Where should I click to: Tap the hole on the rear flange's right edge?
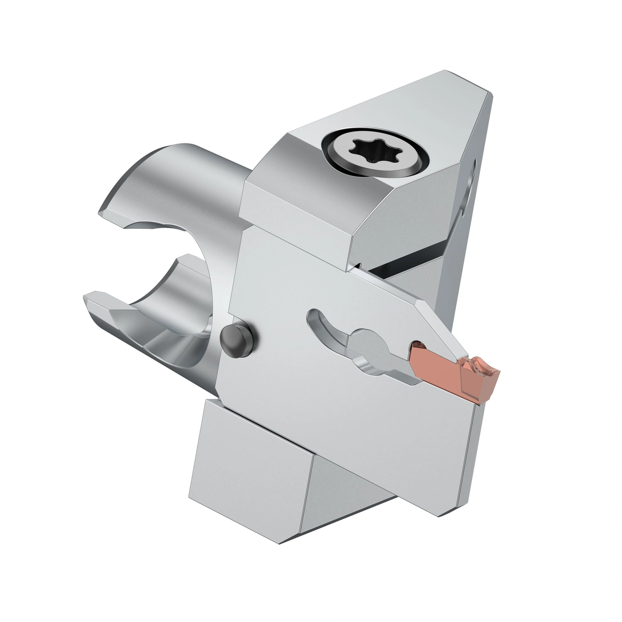tap(470, 180)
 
